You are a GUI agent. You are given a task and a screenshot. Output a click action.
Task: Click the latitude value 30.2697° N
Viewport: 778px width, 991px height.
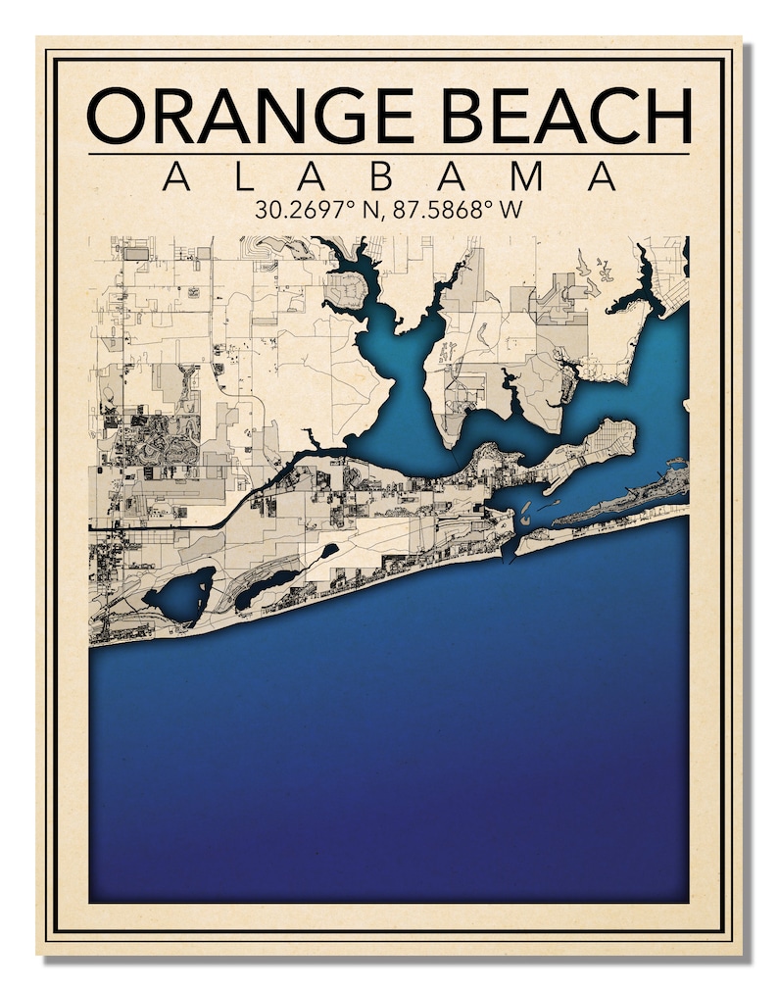tap(314, 210)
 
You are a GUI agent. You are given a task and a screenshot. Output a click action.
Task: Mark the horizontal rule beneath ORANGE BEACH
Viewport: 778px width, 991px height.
tap(389, 154)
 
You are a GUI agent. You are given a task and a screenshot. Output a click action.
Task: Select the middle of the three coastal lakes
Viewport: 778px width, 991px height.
tap(265, 586)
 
